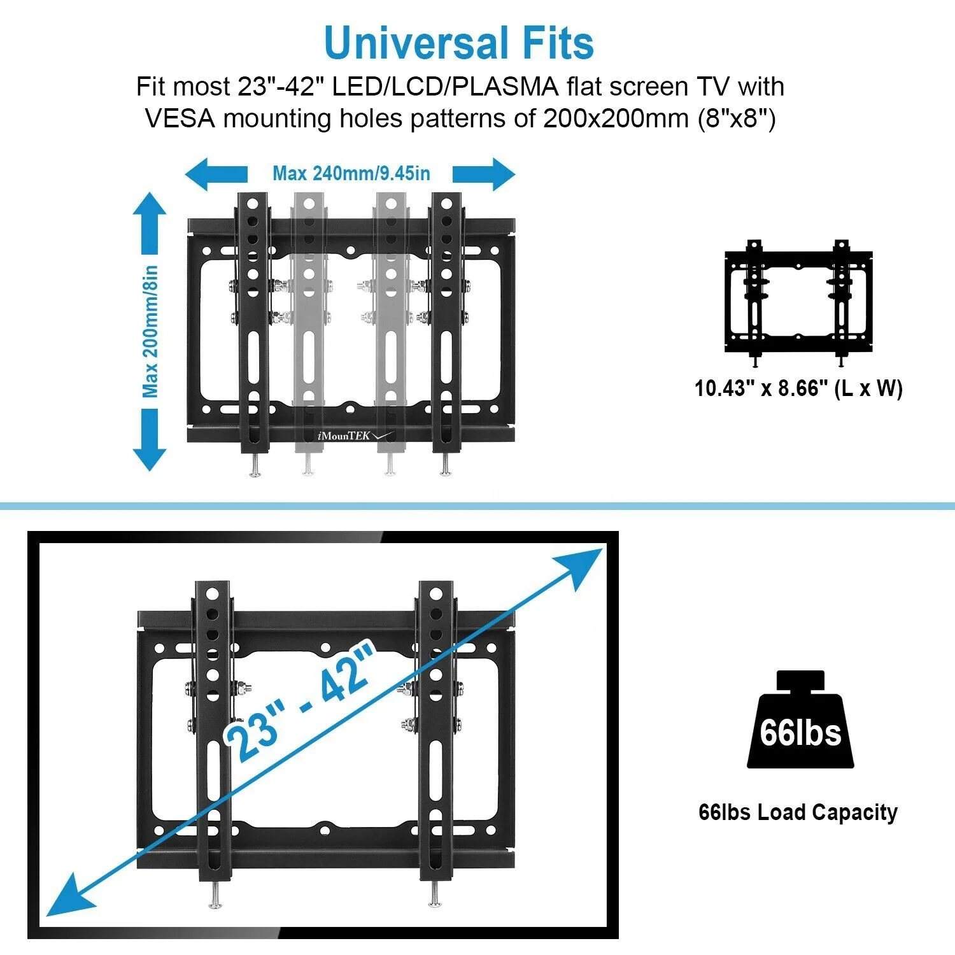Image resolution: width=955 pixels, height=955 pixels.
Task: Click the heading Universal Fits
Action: (458, 43)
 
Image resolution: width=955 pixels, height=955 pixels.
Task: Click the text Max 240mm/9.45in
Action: (351, 173)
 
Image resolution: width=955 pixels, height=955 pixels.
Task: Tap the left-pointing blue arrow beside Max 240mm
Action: (215, 174)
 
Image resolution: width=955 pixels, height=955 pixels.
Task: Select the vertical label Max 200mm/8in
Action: (150, 332)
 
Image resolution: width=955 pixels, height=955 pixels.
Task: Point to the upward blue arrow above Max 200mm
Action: (150, 223)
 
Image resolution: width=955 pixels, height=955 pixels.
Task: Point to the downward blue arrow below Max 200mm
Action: (150, 439)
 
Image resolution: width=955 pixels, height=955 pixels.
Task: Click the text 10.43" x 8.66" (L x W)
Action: (798, 388)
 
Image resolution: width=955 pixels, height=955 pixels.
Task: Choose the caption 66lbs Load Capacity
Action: (798, 812)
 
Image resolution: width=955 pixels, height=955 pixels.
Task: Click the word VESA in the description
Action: (180, 118)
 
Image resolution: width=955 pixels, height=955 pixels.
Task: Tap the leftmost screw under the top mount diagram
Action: (255, 469)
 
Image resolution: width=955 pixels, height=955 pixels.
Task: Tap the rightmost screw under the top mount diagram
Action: (445, 468)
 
